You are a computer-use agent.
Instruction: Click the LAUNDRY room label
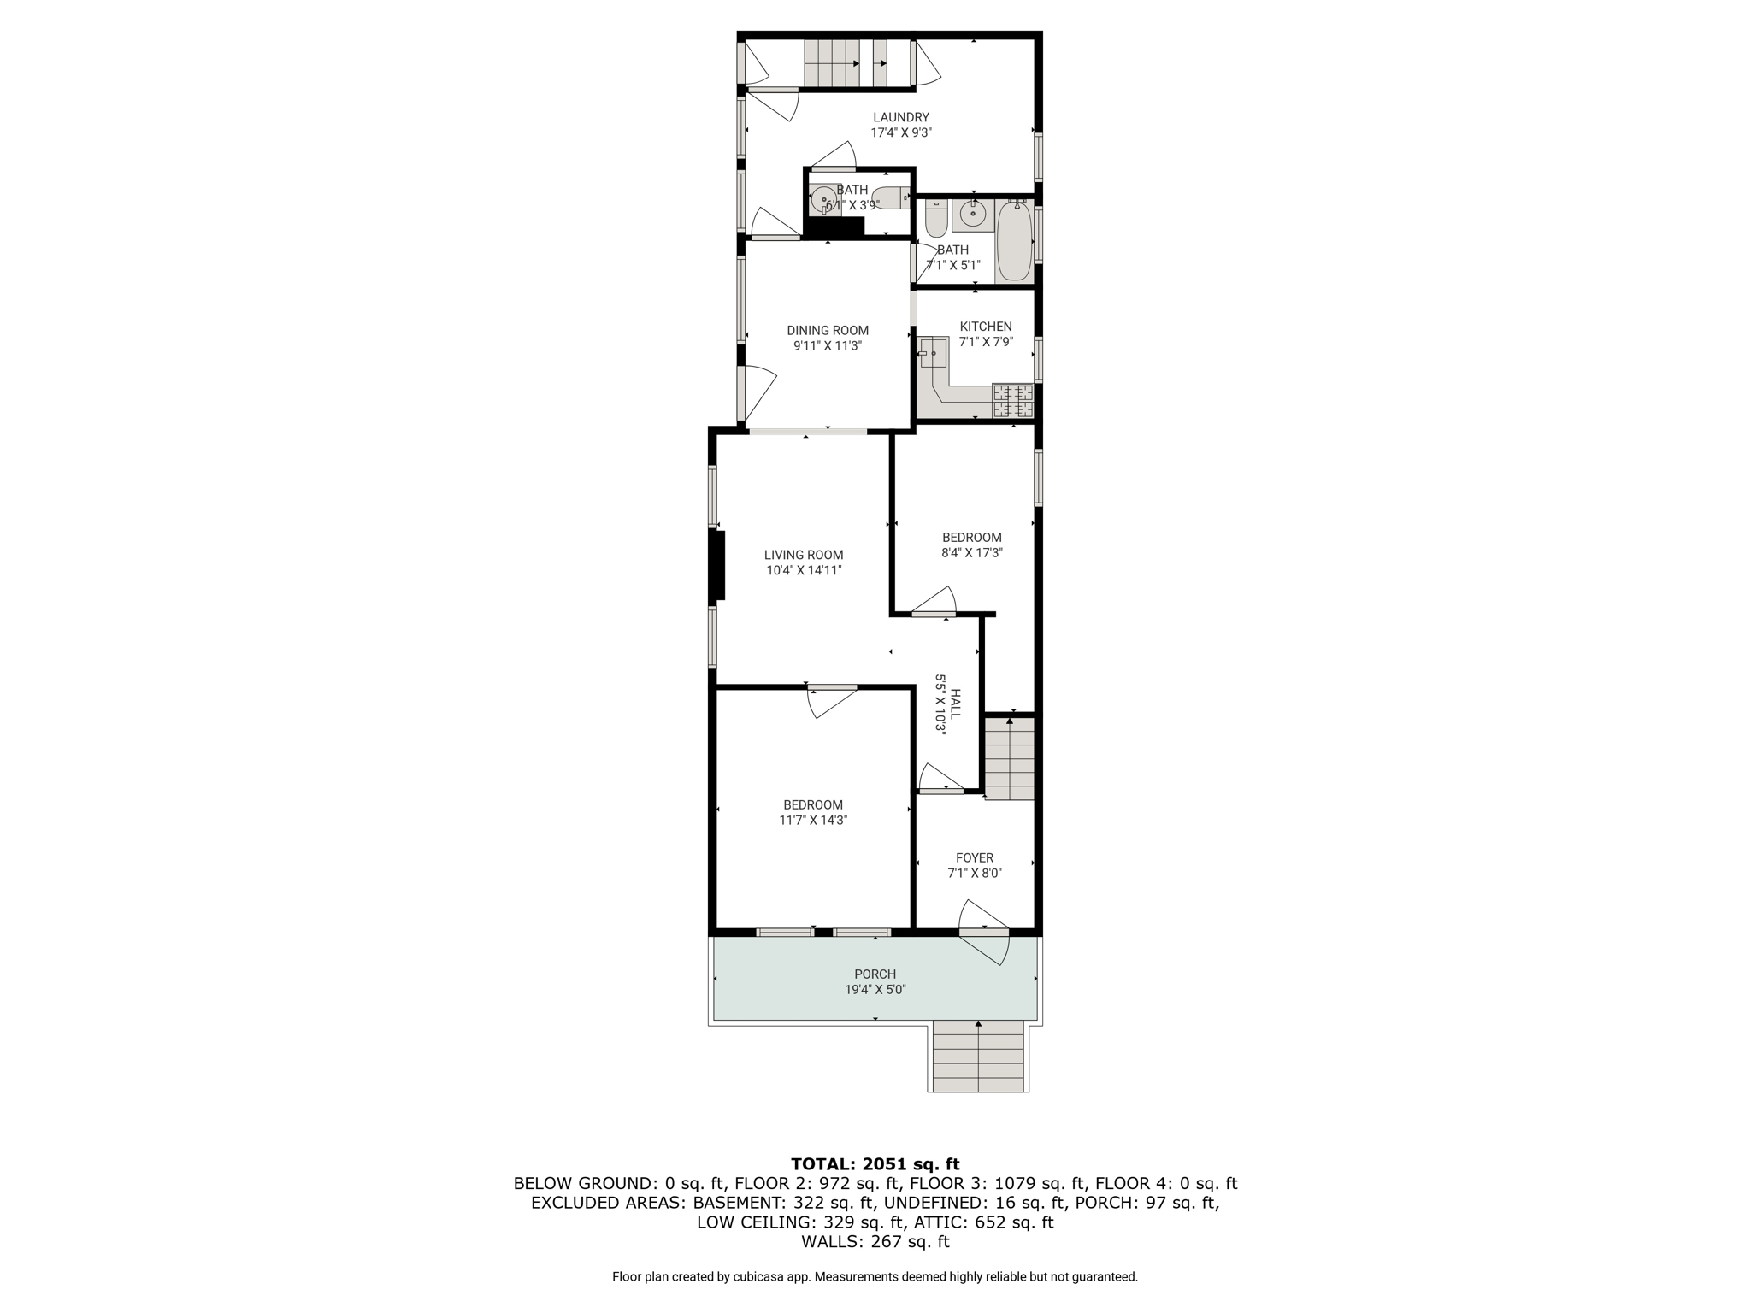[901, 117]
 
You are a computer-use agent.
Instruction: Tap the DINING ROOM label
[828, 330]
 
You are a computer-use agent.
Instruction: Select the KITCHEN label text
[986, 327]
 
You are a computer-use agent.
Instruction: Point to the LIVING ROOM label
[804, 555]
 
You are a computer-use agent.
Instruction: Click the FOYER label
[975, 858]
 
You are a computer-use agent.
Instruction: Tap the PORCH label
[875, 974]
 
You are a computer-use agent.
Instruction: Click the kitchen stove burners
[1012, 401]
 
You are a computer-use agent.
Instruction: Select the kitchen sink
[933, 352]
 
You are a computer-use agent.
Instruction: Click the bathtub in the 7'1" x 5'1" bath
[1014, 240]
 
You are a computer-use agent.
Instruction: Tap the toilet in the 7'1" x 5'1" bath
[936, 218]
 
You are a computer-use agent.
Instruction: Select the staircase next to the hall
[1010, 758]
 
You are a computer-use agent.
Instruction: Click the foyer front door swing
[984, 932]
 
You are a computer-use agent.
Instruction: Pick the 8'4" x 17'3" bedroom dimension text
[972, 553]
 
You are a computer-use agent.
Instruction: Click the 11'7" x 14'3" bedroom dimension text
[813, 821]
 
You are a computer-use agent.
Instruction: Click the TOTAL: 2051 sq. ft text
[875, 1164]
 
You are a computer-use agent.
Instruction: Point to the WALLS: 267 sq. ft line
[875, 1242]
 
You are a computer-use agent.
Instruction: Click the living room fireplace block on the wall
[717, 565]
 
